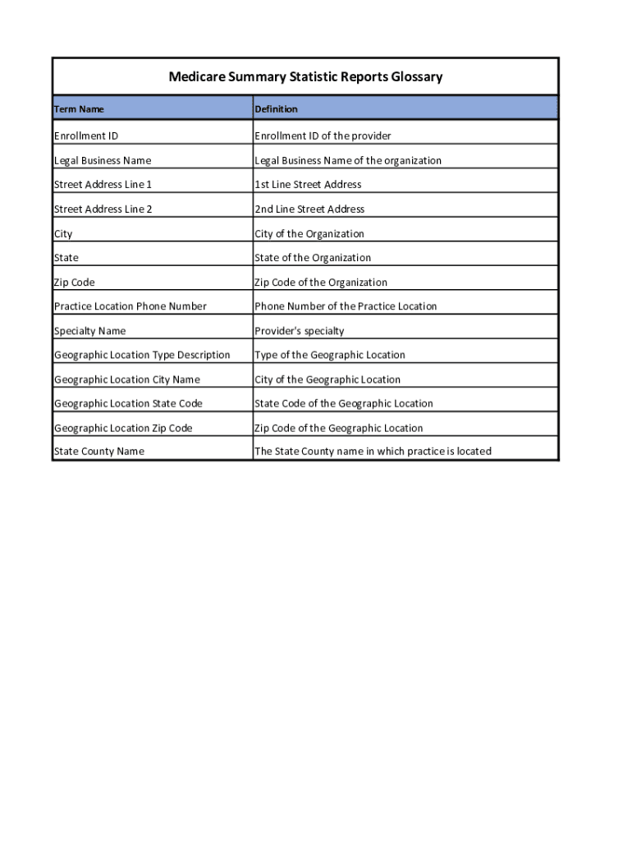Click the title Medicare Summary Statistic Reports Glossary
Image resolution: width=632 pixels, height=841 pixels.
[x=305, y=77]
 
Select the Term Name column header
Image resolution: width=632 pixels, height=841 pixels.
[x=79, y=109]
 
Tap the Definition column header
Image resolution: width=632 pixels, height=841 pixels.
[x=276, y=109]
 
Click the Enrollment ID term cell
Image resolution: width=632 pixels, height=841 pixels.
[x=86, y=136]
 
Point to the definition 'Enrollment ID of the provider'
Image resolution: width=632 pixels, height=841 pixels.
[x=323, y=136]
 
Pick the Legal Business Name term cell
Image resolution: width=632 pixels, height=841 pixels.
[x=103, y=160]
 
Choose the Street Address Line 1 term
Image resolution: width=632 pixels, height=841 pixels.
[x=103, y=185]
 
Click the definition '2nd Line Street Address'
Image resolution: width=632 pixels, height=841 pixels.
[x=309, y=209]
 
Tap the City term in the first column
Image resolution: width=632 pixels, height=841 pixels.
[x=63, y=234]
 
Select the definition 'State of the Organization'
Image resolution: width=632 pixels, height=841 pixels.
[x=313, y=258]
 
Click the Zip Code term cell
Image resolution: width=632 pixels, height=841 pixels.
[x=75, y=283]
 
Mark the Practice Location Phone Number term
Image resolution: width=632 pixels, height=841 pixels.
[x=131, y=306]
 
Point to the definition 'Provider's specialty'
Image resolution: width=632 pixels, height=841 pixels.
[x=300, y=331]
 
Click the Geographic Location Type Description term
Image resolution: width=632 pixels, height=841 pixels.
[x=142, y=355]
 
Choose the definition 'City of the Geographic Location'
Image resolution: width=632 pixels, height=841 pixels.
[x=327, y=379]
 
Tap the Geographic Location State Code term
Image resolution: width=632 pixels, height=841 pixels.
[x=128, y=403]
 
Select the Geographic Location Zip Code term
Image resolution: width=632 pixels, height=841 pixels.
[x=123, y=428]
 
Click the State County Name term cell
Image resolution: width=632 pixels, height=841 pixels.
[x=98, y=451]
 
